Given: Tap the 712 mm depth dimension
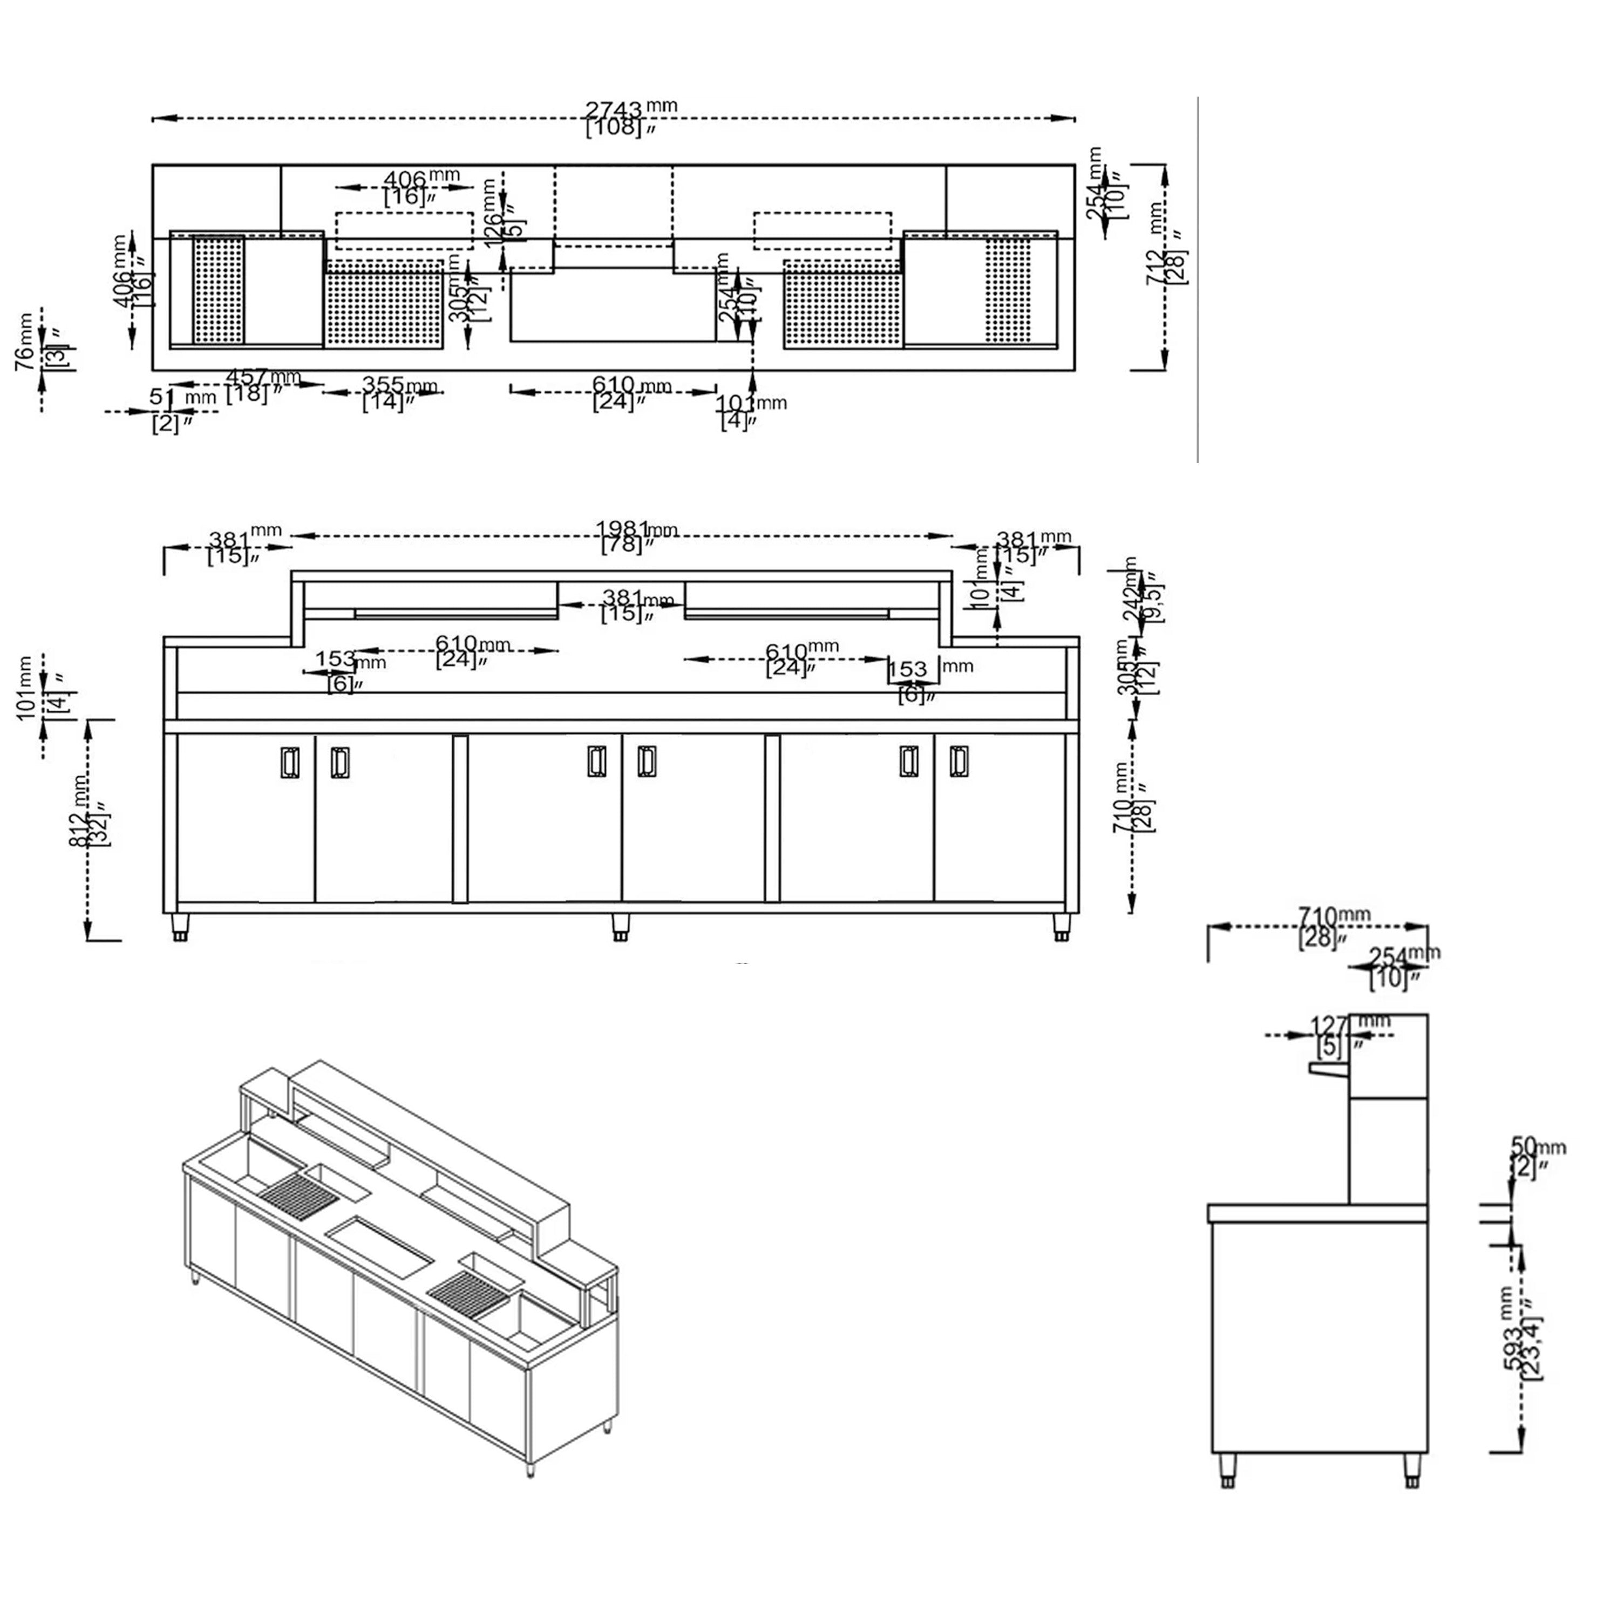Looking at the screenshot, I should (x=1166, y=257).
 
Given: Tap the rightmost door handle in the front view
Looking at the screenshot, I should (x=959, y=762).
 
